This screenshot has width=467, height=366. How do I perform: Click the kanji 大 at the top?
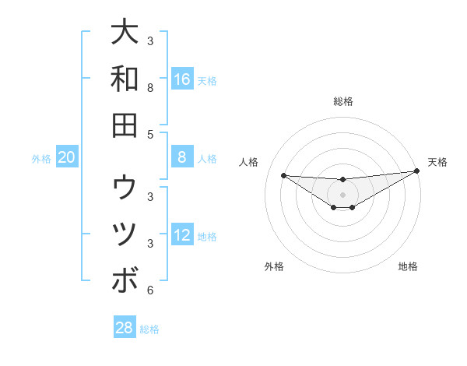click(x=125, y=33)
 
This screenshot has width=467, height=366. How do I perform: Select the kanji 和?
click(x=125, y=79)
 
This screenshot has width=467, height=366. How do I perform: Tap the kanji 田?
click(x=125, y=125)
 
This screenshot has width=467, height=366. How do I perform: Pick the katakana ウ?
click(x=125, y=188)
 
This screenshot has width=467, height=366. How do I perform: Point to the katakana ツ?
click(x=125, y=234)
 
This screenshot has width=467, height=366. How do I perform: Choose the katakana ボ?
click(x=125, y=280)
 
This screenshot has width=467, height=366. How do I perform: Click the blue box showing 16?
click(x=182, y=79)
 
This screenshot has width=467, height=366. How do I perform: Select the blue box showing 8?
click(x=182, y=157)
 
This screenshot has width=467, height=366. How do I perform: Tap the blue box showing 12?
click(x=182, y=235)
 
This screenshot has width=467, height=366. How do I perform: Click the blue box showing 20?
click(x=67, y=157)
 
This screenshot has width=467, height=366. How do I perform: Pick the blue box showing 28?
click(x=125, y=328)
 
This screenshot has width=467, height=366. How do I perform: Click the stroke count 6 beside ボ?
click(x=150, y=290)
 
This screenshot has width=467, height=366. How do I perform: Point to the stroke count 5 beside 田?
click(x=150, y=135)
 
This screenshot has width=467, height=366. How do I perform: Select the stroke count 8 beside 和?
click(x=150, y=89)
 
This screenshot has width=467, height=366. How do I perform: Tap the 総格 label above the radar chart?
click(x=342, y=101)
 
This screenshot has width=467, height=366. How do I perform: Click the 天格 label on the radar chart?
click(x=437, y=162)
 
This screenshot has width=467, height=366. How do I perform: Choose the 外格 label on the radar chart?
click(x=274, y=266)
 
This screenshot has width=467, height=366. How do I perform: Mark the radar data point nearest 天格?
click(x=416, y=171)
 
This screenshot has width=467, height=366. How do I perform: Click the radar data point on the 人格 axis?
click(x=283, y=175)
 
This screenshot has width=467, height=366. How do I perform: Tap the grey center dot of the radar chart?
click(x=342, y=194)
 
